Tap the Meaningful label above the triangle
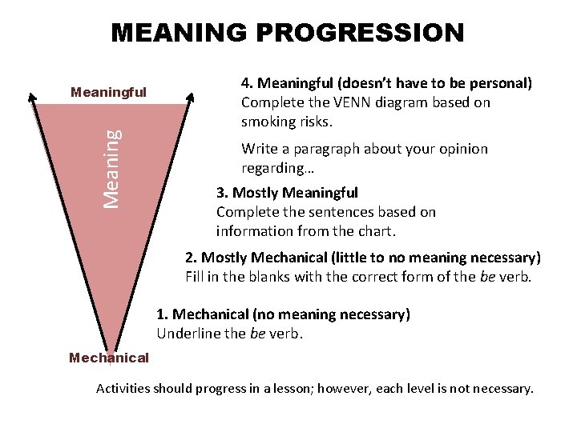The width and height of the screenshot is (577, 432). (x=109, y=92)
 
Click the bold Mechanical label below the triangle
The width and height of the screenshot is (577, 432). (x=109, y=358)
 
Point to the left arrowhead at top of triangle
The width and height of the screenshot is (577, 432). (x=32, y=98)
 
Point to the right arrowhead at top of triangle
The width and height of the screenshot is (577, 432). (x=191, y=98)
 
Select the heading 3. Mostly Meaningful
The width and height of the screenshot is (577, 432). (x=287, y=193)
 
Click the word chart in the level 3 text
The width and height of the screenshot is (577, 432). (x=376, y=232)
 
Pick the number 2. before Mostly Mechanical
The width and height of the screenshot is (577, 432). (x=191, y=258)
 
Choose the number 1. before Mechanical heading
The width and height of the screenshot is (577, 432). (x=162, y=314)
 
